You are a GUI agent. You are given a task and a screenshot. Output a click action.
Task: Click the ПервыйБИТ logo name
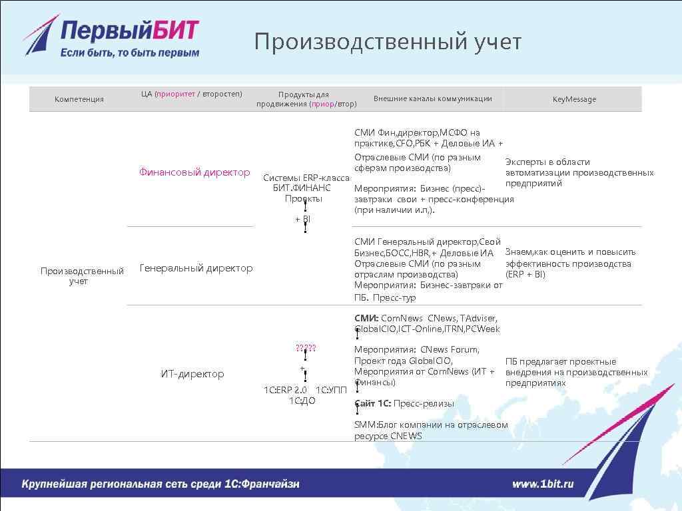coord(129,31)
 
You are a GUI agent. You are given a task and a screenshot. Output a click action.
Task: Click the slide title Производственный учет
coord(387,41)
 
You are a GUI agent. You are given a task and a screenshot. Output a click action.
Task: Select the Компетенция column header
coord(79,99)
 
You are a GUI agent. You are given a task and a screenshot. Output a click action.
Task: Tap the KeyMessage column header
coord(574,99)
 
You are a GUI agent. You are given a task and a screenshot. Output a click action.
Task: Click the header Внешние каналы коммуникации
coord(432,98)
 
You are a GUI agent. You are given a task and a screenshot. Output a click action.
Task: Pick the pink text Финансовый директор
coord(194,172)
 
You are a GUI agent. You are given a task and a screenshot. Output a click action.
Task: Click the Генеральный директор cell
coord(196,268)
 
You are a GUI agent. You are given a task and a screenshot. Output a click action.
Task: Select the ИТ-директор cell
coord(192,374)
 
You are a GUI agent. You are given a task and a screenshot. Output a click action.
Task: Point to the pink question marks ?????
coord(306,348)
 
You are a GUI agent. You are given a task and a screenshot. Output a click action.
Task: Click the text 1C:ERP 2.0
coord(285,390)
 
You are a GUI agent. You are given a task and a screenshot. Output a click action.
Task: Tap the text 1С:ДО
coord(302,401)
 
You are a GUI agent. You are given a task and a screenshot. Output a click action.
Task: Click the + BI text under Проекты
coord(302,219)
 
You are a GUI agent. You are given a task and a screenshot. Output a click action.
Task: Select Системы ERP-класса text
coord(306,178)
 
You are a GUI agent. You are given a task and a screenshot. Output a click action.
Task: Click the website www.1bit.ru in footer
coord(542,484)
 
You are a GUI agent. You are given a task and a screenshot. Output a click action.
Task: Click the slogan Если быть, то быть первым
coord(130,53)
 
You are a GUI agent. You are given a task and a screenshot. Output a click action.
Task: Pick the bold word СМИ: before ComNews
coord(366,318)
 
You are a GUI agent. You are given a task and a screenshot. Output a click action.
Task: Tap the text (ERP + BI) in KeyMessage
coord(525,274)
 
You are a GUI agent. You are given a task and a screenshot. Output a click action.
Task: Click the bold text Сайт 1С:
coord(372,403)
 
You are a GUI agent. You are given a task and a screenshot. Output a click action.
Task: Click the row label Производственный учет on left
coord(82,276)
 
